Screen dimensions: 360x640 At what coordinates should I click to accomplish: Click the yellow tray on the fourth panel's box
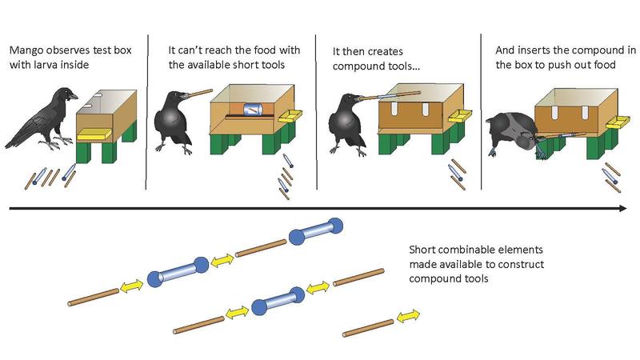619,122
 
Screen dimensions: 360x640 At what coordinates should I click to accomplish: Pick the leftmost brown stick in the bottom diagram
93,294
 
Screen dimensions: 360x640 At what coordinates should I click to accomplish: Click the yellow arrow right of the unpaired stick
409,318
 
